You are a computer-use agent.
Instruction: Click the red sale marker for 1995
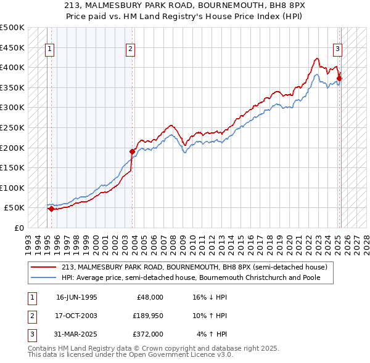tap(51, 209)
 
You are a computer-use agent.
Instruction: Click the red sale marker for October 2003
tap(132, 151)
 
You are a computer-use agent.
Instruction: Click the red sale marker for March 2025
tap(339, 78)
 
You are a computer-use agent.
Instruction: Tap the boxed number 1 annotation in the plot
tap(49, 50)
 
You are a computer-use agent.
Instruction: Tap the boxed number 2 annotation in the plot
tap(131, 50)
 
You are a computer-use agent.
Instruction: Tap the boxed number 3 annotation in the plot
tap(338, 50)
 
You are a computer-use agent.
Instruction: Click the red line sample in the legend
tap(44, 267)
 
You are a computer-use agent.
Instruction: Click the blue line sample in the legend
tap(44, 277)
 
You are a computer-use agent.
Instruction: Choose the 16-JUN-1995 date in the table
tap(76, 297)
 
